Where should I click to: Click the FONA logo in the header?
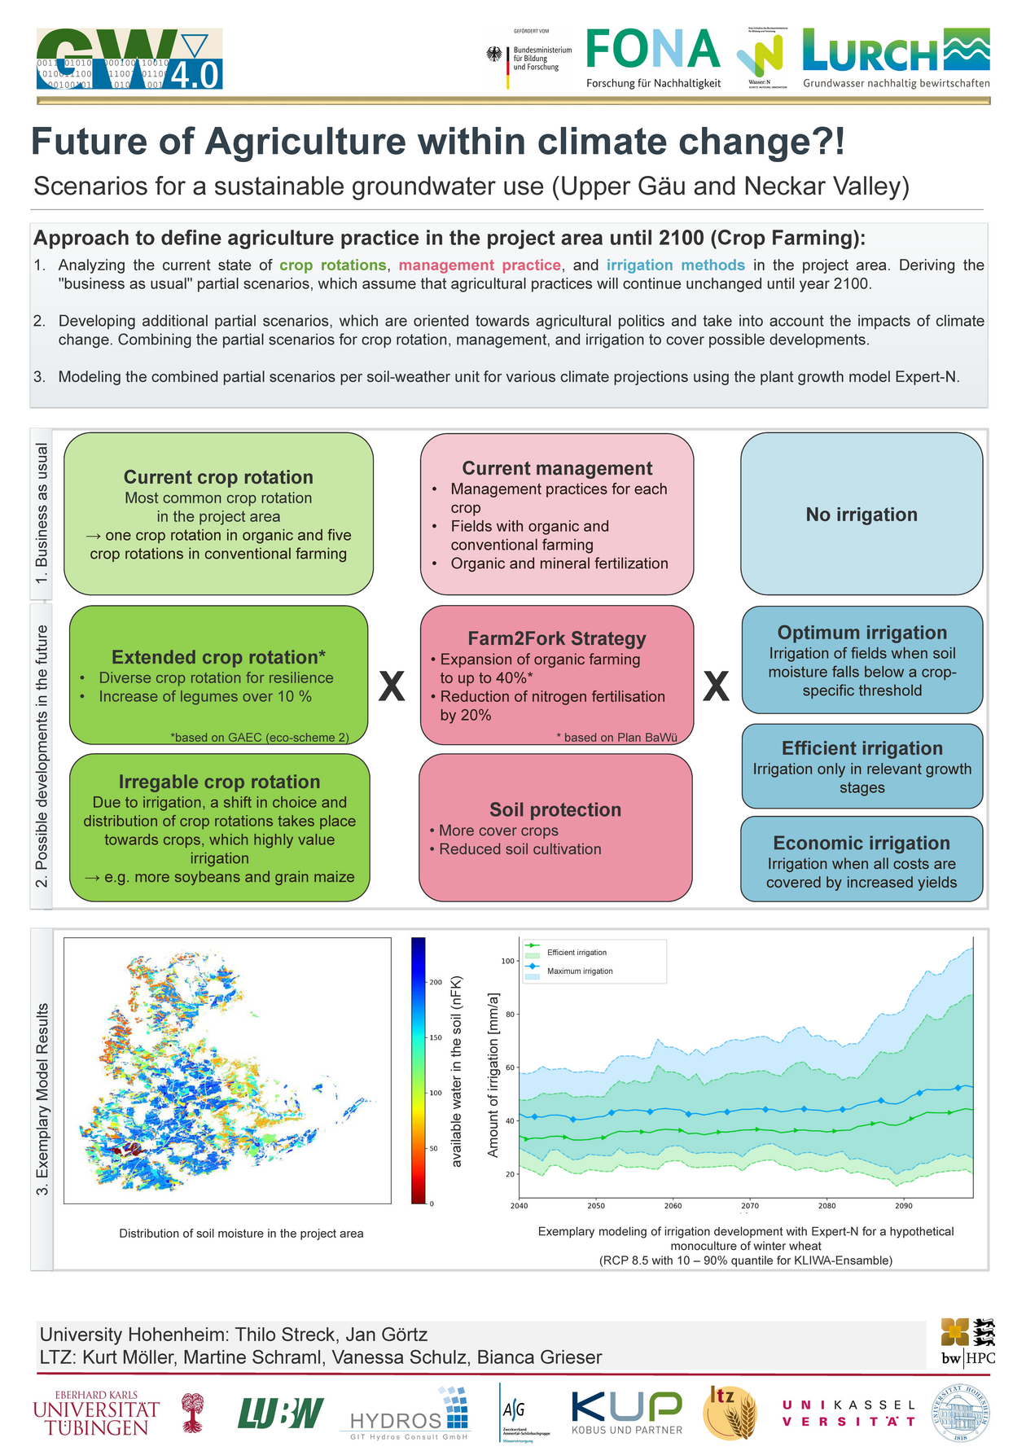(653, 58)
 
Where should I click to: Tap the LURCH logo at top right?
(896, 58)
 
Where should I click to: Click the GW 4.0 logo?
(129, 59)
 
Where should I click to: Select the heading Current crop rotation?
(218, 477)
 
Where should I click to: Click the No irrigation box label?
(862, 515)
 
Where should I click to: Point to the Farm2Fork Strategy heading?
(557, 638)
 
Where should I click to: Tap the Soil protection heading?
(555, 809)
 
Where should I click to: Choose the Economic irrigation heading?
(862, 843)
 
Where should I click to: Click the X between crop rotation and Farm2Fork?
(392, 686)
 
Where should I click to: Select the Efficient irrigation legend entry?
(577, 953)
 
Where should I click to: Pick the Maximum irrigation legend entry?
(580, 971)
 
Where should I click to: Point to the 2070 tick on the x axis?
(750, 1206)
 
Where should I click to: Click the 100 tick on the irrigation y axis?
(508, 961)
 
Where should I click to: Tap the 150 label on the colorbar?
(436, 1037)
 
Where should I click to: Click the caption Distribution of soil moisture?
(241, 1234)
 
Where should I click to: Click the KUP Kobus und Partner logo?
(626, 1412)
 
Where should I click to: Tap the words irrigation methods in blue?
(675, 265)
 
